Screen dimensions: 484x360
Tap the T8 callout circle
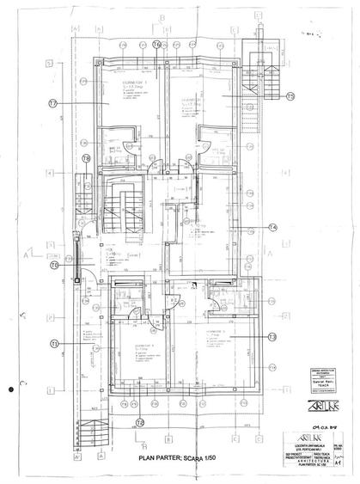86,158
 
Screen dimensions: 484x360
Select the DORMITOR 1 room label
132,80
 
